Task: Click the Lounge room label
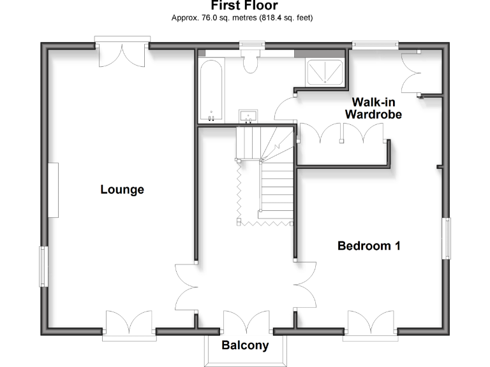(x=122, y=189)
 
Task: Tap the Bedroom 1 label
(x=369, y=246)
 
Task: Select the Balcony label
(x=245, y=345)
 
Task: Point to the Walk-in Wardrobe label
(x=373, y=108)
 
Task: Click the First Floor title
(x=245, y=6)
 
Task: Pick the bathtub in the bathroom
(x=211, y=89)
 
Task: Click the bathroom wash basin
(x=248, y=115)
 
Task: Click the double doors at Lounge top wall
(x=122, y=54)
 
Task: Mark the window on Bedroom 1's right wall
(x=447, y=238)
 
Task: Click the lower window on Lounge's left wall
(x=43, y=266)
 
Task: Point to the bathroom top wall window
(x=251, y=45)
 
